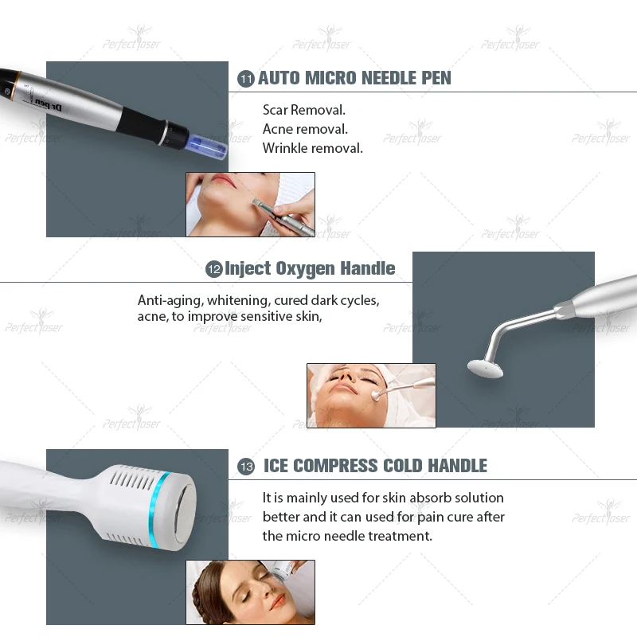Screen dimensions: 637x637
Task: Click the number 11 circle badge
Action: pyautogui.click(x=246, y=78)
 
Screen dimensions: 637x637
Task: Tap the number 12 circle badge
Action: pyautogui.click(x=213, y=269)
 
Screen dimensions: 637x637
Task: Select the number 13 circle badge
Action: pyautogui.click(x=246, y=467)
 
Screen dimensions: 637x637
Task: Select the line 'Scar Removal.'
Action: pyautogui.click(x=304, y=110)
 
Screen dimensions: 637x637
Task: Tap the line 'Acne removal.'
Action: pyautogui.click(x=305, y=129)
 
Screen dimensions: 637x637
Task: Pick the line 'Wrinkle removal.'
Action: pyautogui.click(x=313, y=148)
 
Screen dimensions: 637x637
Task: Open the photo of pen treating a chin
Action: pyautogui.click(x=250, y=205)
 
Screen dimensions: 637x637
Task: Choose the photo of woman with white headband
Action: pyautogui.click(x=371, y=395)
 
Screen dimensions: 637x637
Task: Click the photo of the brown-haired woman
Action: pyautogui.click(x=250, y=592)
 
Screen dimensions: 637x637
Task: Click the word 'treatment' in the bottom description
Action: pyautogui.click(x=394, y=536)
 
